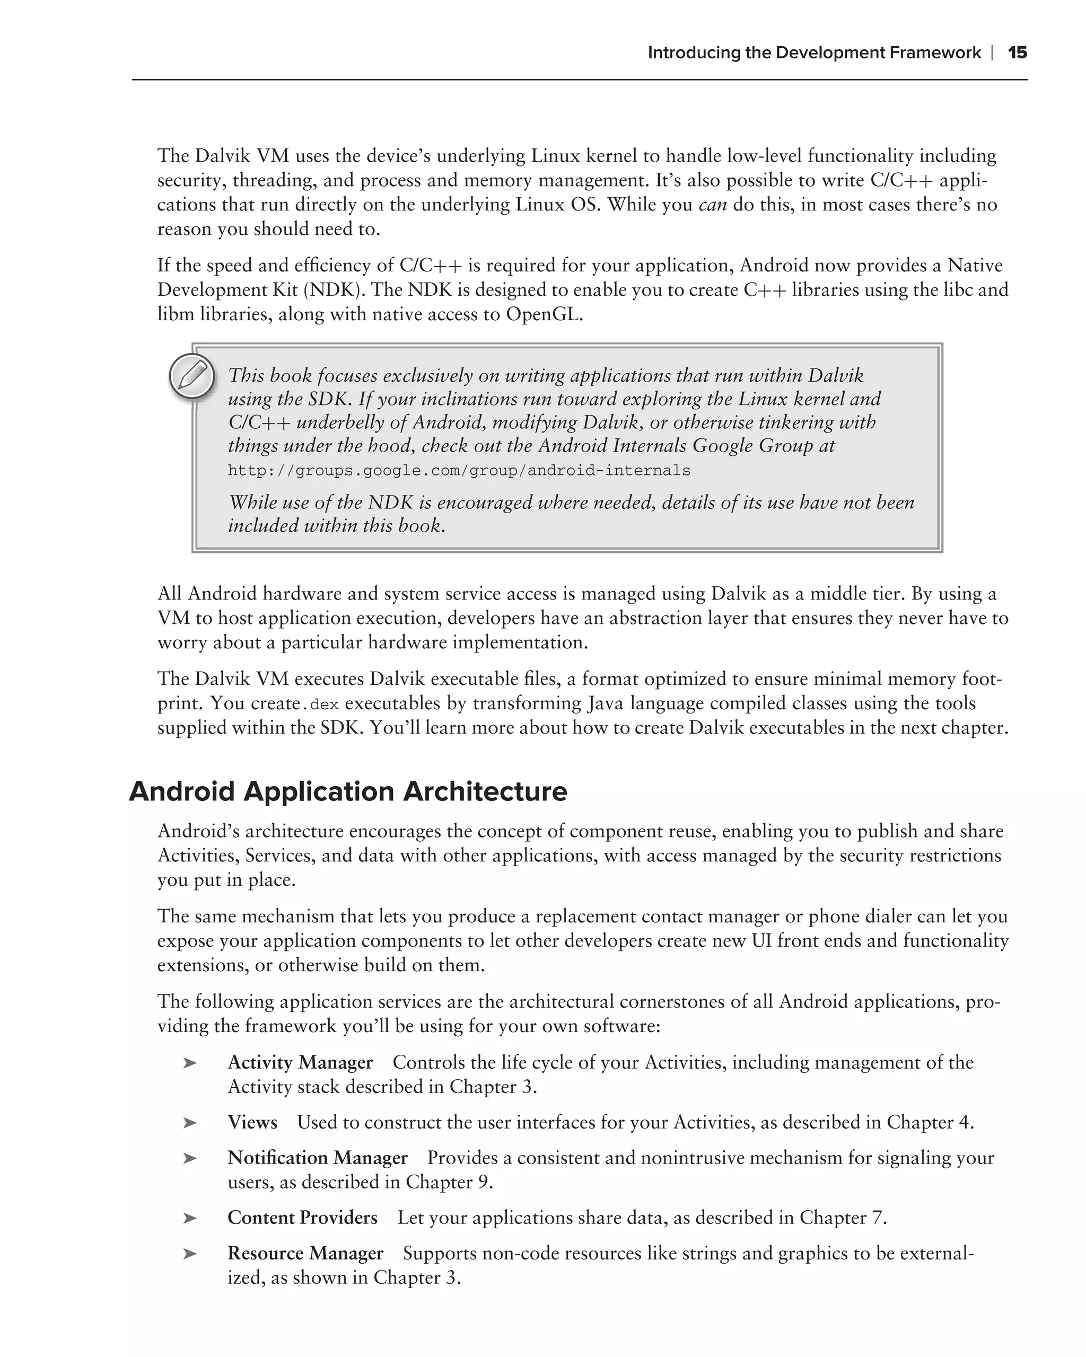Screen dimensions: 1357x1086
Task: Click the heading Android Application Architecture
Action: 348,791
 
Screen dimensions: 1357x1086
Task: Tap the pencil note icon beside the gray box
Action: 192,376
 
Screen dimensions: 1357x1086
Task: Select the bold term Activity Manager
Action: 300,1062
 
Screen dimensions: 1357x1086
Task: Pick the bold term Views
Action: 252,1122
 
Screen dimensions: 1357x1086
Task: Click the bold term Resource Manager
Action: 305,1253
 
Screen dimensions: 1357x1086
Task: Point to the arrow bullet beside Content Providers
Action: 189,1218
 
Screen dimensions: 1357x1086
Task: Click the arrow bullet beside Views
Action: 189,1123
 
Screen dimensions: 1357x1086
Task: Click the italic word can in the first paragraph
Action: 713,205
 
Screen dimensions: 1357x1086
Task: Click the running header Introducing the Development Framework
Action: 813,52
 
